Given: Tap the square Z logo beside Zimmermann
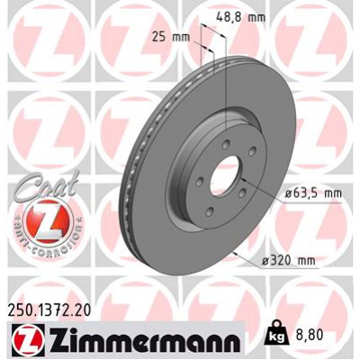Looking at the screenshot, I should pos(21,341).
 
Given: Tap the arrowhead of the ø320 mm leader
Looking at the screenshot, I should pos(237,253).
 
